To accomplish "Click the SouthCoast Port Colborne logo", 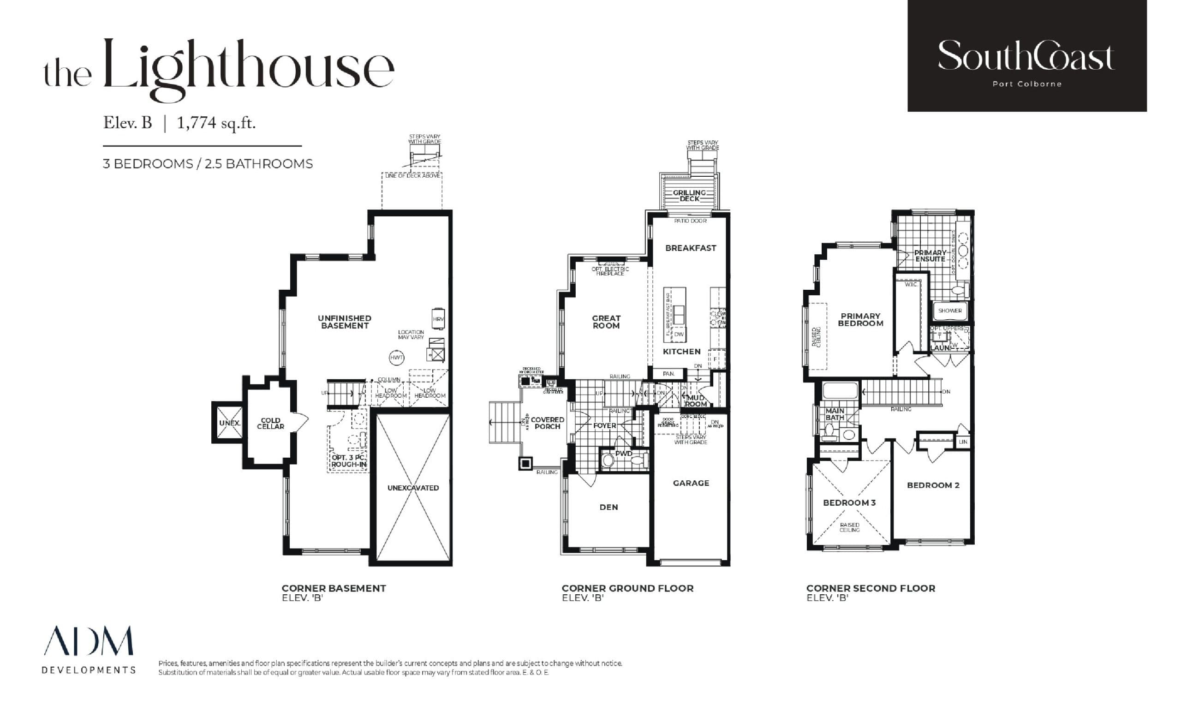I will click(x=1026, y=56).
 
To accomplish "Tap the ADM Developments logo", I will click(x=89, y=650).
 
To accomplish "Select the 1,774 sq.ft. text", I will click(x=216, y=124).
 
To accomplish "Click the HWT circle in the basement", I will click(x=396, y=357).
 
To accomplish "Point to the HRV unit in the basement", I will click(x=438, y=319).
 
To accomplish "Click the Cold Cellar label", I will click(x=270, y=423).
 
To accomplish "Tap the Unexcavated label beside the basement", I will click(x=413, y=488).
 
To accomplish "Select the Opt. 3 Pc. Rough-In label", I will click(x=348, y=461).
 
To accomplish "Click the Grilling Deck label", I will click(x=689, y=196).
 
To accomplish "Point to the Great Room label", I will click(x=606, y=322).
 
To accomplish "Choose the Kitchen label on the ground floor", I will click(x=681, y=351).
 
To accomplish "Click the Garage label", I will click(x=691, y=483).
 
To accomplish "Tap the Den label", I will click(x=608, y=507).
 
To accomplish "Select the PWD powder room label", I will click(x=624, y=454).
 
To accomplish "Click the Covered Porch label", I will click(x=547, y=423).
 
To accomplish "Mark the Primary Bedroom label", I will click(x=860, y=320).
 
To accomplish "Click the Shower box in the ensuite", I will click(x=950, y=311).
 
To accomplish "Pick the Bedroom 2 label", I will click(x=933, y=485).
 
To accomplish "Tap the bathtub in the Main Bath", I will click(x=840, y=391).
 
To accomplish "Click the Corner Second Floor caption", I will click(x=871, y=588).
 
